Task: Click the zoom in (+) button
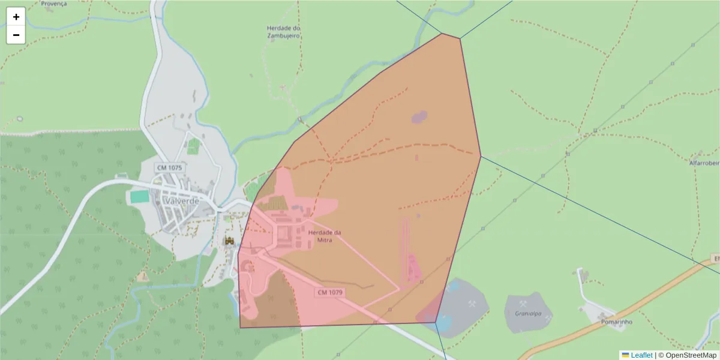coord(16,17)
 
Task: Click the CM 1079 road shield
coord(330,292)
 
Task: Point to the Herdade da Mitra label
coord(325,236)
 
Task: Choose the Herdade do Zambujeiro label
coord(284,32)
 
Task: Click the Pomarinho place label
coord(617,322)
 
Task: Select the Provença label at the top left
coord(54,4)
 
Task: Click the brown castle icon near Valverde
coord(229,241)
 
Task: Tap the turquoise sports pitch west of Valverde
coord(139,196)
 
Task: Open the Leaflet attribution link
coord(641,355)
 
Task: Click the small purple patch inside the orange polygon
coord(419,116)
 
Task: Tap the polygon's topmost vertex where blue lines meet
coord(442,33)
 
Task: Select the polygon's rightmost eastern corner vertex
coord(481,157)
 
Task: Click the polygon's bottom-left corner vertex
coord(240,328)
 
